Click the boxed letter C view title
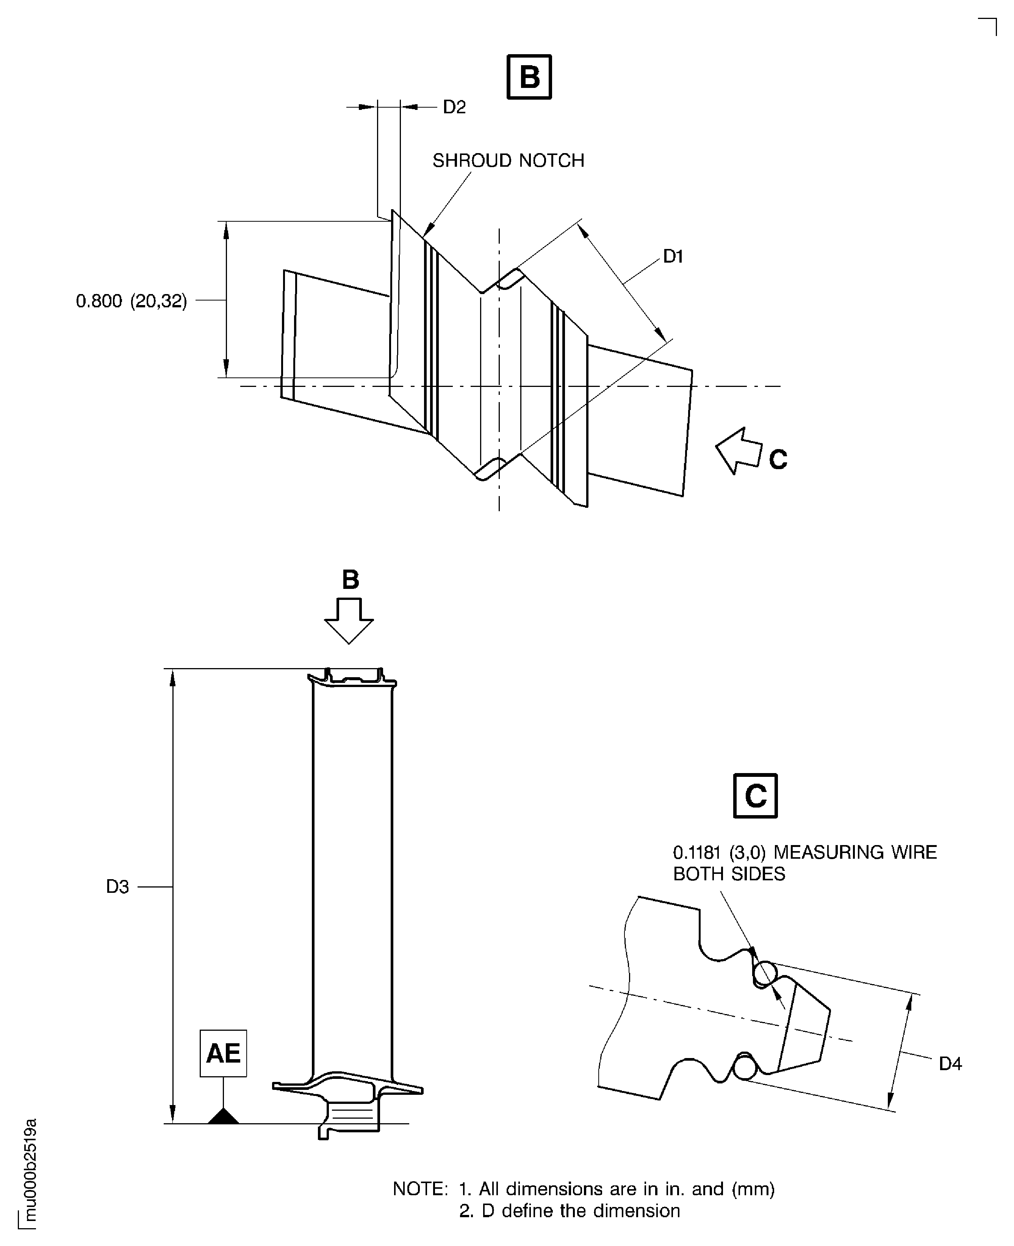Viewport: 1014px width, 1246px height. click(755, 796)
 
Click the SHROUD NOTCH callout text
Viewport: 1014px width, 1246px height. click(508, 161)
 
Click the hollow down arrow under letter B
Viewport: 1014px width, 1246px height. click(349, 620)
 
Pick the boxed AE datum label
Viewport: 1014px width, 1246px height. click(223, 1053)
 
